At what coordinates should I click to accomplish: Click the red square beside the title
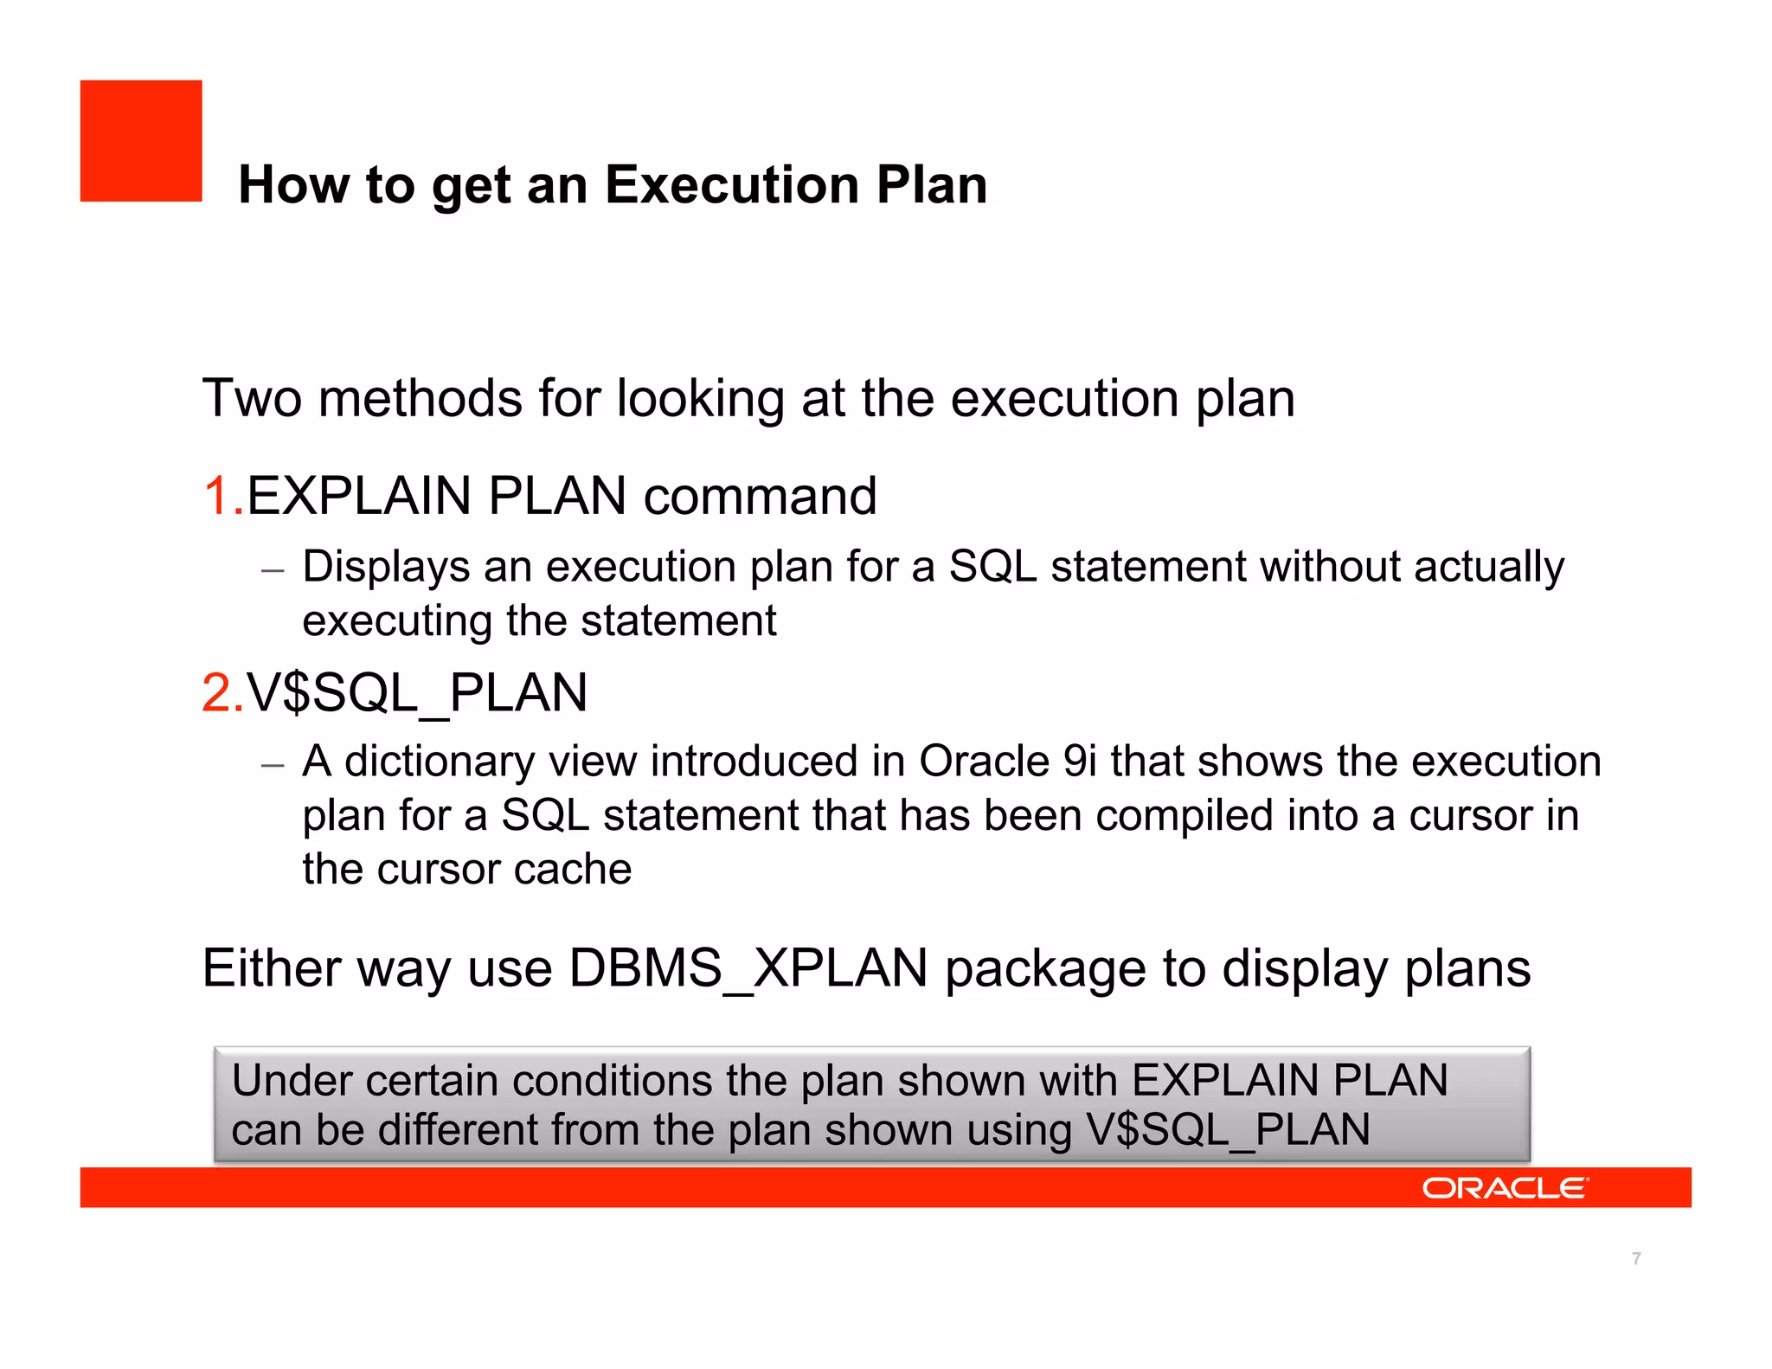pos(141,141)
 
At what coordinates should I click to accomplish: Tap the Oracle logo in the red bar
pos(1505,1187)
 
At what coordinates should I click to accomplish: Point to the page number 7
pos(1636,1258)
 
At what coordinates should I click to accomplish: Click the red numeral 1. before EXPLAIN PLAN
pos(222,497)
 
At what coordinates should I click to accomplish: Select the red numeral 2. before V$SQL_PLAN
pos(222,693)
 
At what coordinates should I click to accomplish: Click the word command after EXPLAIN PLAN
pos(760,497)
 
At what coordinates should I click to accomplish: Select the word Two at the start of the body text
pos(252,399)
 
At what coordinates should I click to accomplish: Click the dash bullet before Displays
pos(273,571)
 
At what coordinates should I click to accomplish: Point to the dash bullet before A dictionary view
pos(273,766)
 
